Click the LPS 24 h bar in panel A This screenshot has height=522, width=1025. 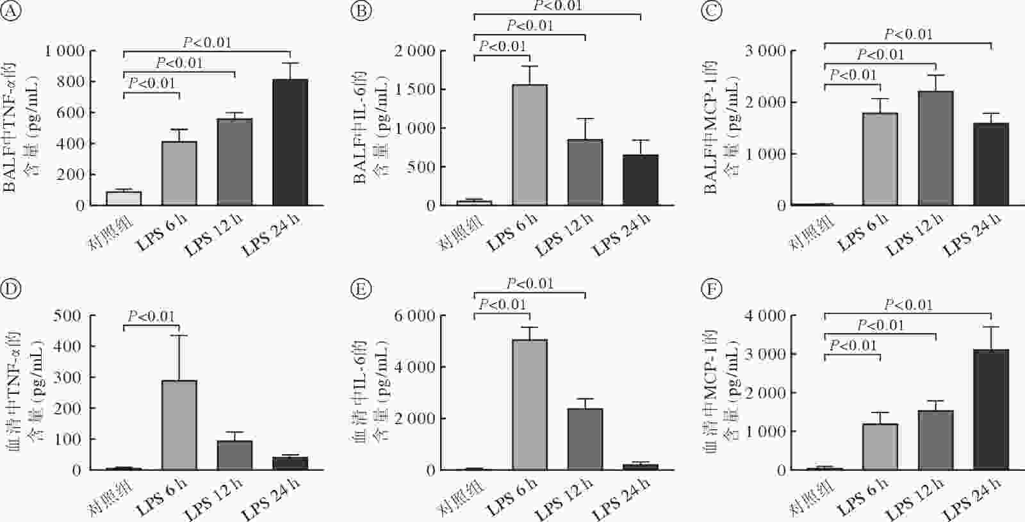click(290, 142)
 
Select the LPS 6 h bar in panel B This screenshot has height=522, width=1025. click(530, 145)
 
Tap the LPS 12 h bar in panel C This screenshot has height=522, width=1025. click(936, 148)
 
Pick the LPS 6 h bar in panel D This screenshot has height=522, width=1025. click(179, 425)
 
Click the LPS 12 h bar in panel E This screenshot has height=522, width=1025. click(585, 439)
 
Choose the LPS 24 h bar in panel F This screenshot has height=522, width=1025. click(991, 410)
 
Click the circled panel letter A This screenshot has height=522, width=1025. click(12, 12)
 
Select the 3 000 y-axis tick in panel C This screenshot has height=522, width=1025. click(766, 51)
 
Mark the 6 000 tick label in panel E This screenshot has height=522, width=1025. click(415, 315)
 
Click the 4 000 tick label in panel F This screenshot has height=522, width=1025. click(766, 315)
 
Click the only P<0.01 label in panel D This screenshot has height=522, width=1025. click(151, 316)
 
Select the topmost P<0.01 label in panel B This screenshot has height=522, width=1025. click(557, 6)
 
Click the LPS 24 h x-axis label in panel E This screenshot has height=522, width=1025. click(620, 500)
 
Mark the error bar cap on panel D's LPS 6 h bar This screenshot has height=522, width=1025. click(179, 336)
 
